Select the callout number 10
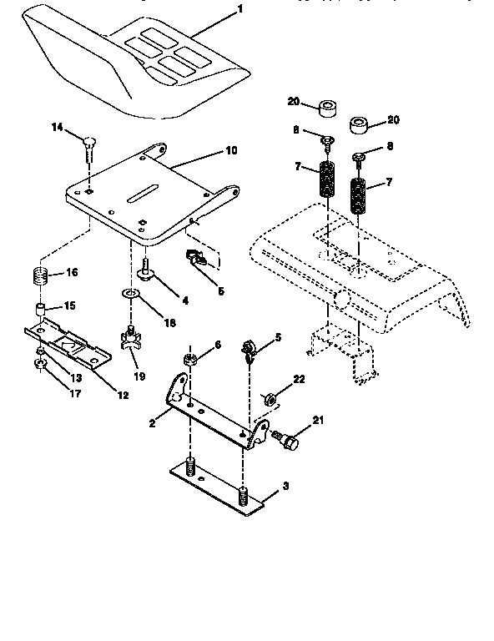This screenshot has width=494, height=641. coord(230,151)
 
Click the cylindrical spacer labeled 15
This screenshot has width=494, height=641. coord(39,312)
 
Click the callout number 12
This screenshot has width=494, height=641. coord(123,395)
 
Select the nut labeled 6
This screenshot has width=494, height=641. coord(190,360)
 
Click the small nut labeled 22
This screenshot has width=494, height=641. coord(270,398)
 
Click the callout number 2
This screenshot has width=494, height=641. coord(152,424)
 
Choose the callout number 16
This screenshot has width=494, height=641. coord(72,273)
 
